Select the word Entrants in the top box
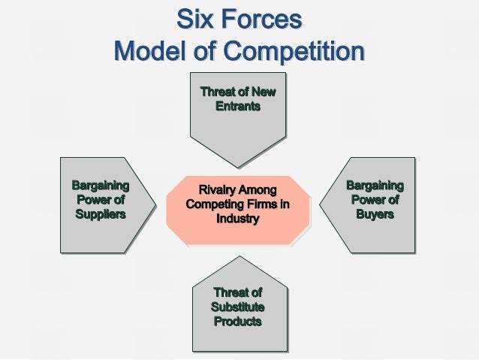tap(238, 107)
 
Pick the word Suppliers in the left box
tap(100, 215)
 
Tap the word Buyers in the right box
tap(374, 215)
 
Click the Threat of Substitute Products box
tap(238, 304)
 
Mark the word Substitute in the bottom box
tap(238, 307)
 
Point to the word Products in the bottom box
tap(238, 322)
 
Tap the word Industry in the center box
tap(237, 219)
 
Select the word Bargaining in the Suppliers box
tap(100, 186)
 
